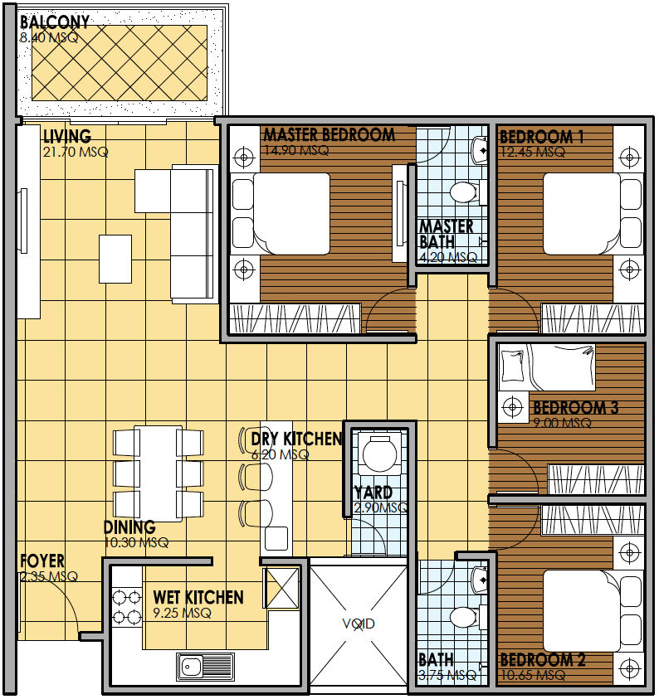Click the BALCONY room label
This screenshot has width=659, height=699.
[x=55, y=22]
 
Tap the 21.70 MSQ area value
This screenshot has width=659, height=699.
[x=76, y=152]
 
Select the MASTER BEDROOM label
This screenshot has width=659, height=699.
[x=329, y=134]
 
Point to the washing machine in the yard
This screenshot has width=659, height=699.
[x=379, y=454]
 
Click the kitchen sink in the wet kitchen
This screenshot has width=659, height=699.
[x=205, y=667]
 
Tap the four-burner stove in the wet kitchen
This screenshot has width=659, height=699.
[x=127, y=607]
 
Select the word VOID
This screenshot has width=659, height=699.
[x=359, y=624]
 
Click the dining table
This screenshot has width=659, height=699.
[x=158, y=473]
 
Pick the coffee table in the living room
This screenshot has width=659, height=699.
[x=115, y=259]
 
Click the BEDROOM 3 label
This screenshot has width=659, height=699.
[x=575, y=407]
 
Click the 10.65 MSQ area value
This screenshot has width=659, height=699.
[x=533, y=676]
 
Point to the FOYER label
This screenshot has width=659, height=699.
[x=42, y=561]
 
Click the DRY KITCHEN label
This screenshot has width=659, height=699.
[x=296, y=439]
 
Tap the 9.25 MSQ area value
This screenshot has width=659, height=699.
[x=182, y=613]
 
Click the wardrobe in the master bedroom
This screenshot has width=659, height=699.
[x=295, y=318]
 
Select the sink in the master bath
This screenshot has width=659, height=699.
[x=480, y=150]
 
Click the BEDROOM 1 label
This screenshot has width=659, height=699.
[x=542, y=137]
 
